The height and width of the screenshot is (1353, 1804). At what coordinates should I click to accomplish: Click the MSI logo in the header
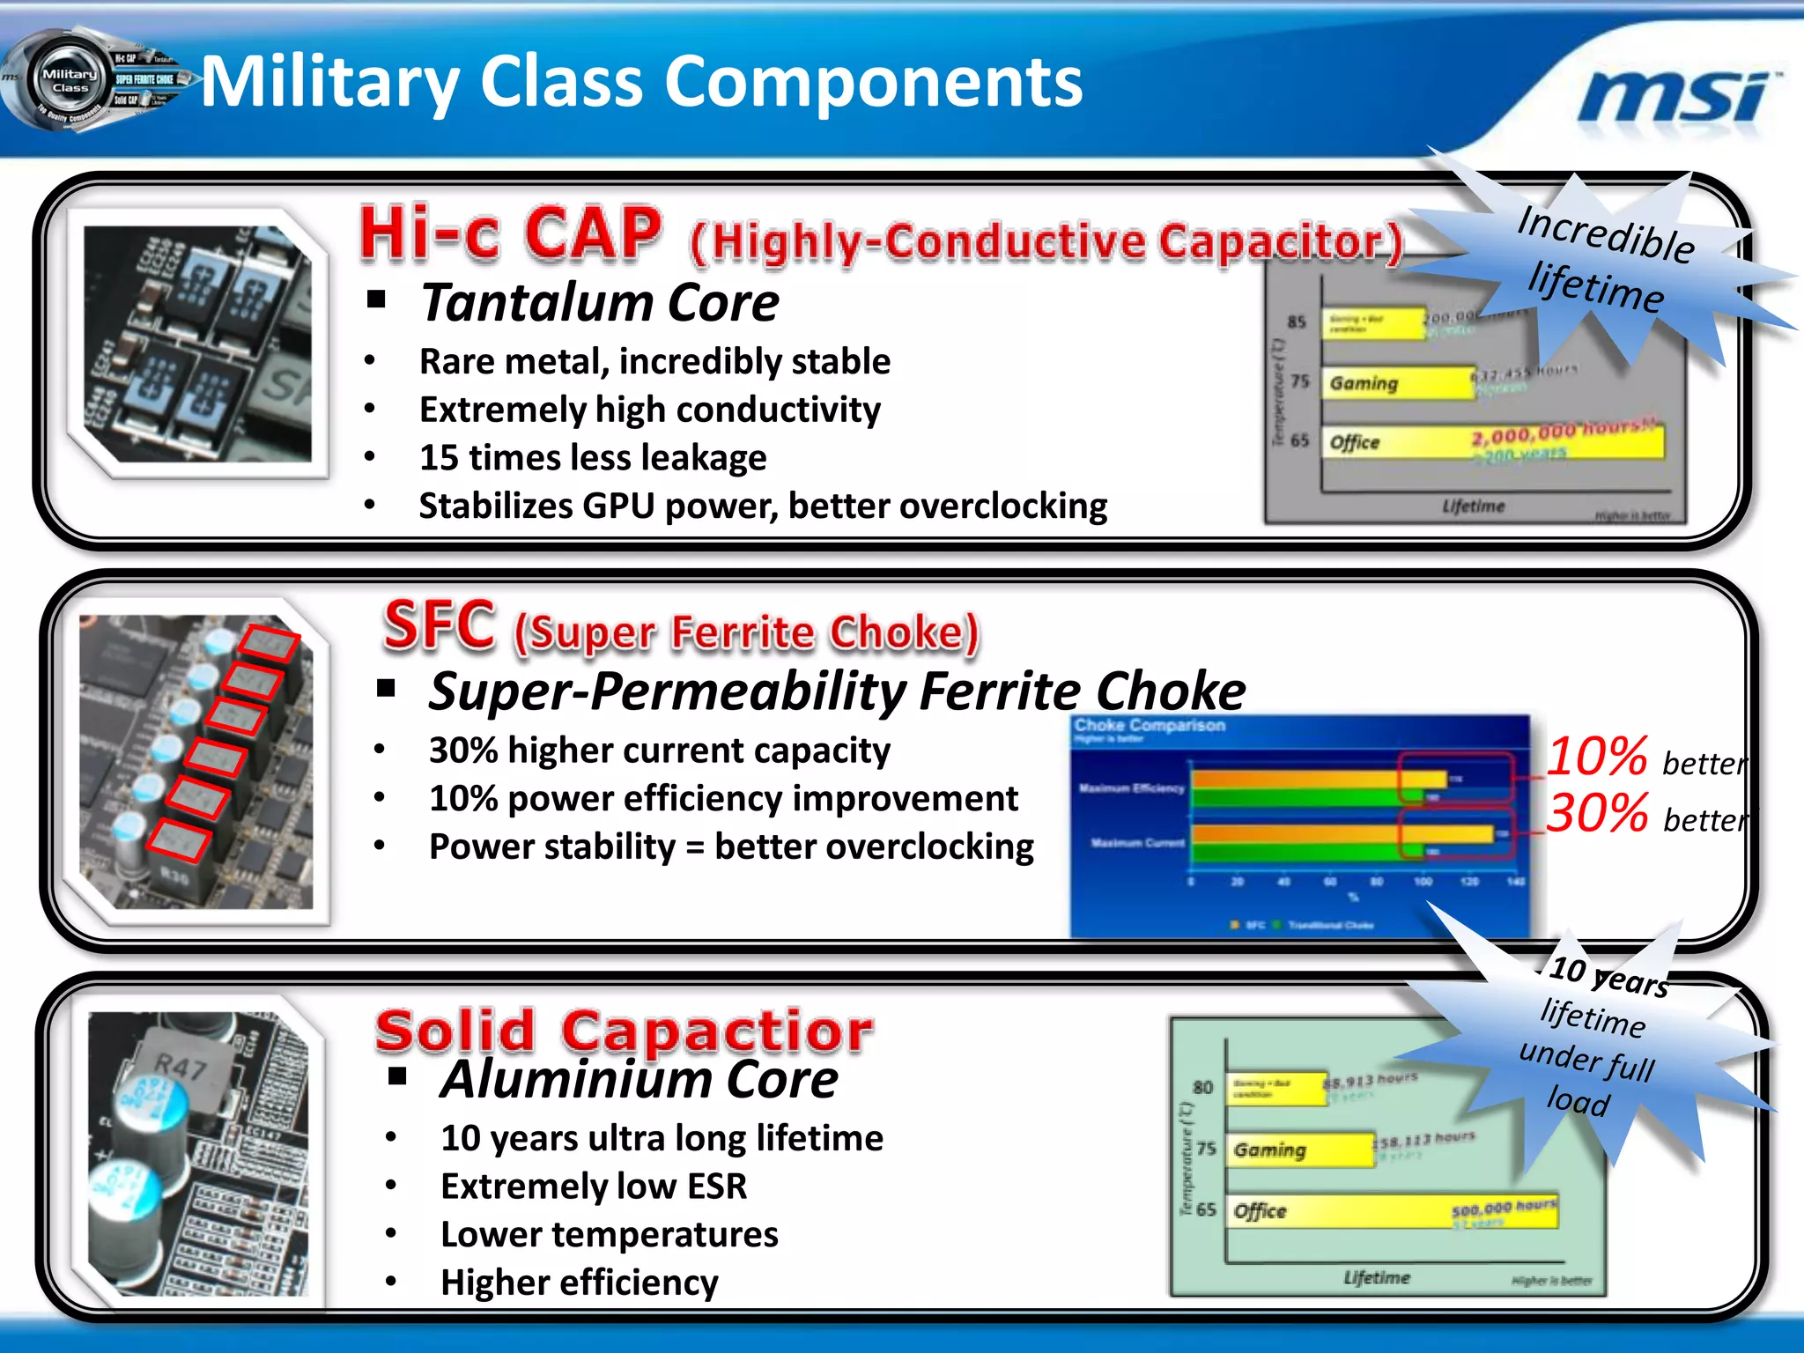point(1678,97)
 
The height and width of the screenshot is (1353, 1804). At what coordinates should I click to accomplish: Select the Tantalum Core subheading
point(599,303)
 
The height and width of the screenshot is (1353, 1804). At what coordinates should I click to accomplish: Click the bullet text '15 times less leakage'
point(592,458)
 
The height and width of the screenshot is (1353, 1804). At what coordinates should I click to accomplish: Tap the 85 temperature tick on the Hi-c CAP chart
point(1297,322)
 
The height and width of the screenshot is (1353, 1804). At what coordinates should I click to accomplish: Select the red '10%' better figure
point(1596,757)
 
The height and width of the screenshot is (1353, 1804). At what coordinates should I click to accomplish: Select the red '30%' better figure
point(1596,813)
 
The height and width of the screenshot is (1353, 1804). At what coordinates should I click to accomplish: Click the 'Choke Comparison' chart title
point(1149,726)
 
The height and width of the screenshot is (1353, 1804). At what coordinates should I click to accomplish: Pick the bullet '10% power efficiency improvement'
point(722,799)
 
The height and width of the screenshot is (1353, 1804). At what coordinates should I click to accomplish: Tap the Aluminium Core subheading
point(639,1080)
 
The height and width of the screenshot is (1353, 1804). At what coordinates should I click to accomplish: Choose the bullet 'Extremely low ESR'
point(593,1187)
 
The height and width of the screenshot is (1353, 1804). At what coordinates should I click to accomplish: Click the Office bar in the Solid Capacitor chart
point(1392,1211)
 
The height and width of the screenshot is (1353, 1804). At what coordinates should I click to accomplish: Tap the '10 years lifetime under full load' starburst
point(1590,1039)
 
